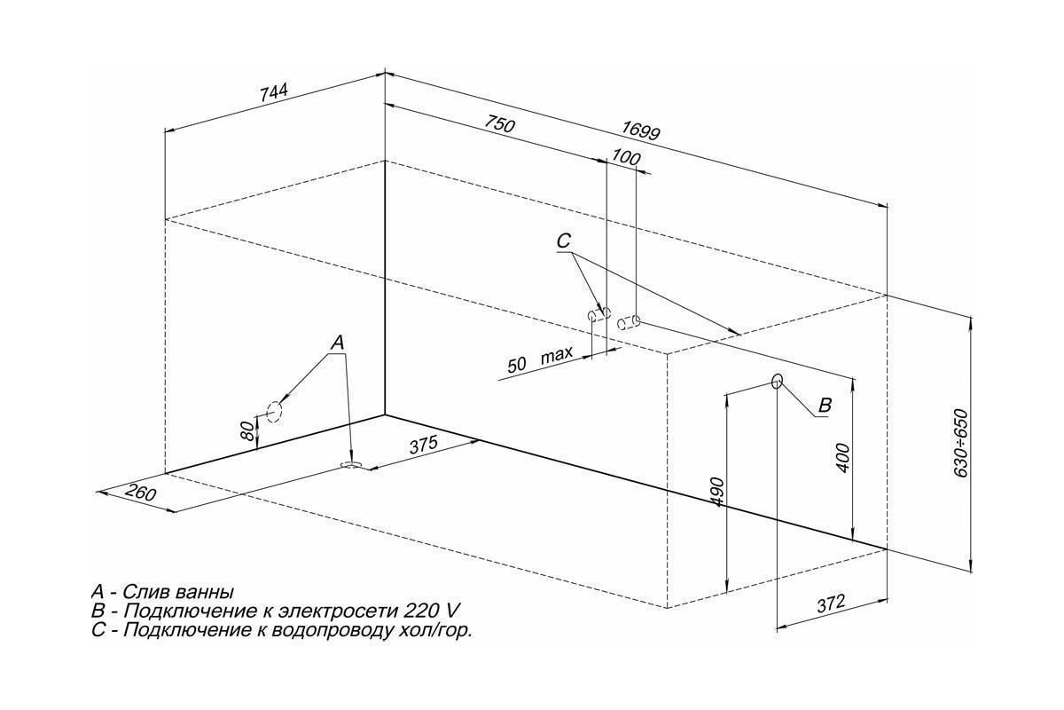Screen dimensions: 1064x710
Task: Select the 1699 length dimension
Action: [641, 130]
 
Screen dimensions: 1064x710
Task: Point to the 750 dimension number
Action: [500, 124]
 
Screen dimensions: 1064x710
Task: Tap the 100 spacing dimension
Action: [626, 157]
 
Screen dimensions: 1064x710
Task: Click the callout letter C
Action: [563, 241]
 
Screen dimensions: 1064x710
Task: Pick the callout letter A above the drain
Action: [337, 343]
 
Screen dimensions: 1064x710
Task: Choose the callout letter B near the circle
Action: [825, 405]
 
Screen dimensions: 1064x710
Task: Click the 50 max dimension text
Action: [540, 359]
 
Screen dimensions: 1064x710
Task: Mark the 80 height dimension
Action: [247, 432]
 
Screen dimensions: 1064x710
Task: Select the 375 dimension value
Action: [423, 446]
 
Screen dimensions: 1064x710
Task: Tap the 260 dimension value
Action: [141, 493]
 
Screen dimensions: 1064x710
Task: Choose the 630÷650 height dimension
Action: [960, 443]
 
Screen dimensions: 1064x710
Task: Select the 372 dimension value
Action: [832, 603]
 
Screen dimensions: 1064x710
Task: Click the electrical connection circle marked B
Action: [777, 381]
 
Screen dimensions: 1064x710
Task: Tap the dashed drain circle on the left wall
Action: [274, 411]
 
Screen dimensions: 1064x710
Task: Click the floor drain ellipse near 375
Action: [352, 465]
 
